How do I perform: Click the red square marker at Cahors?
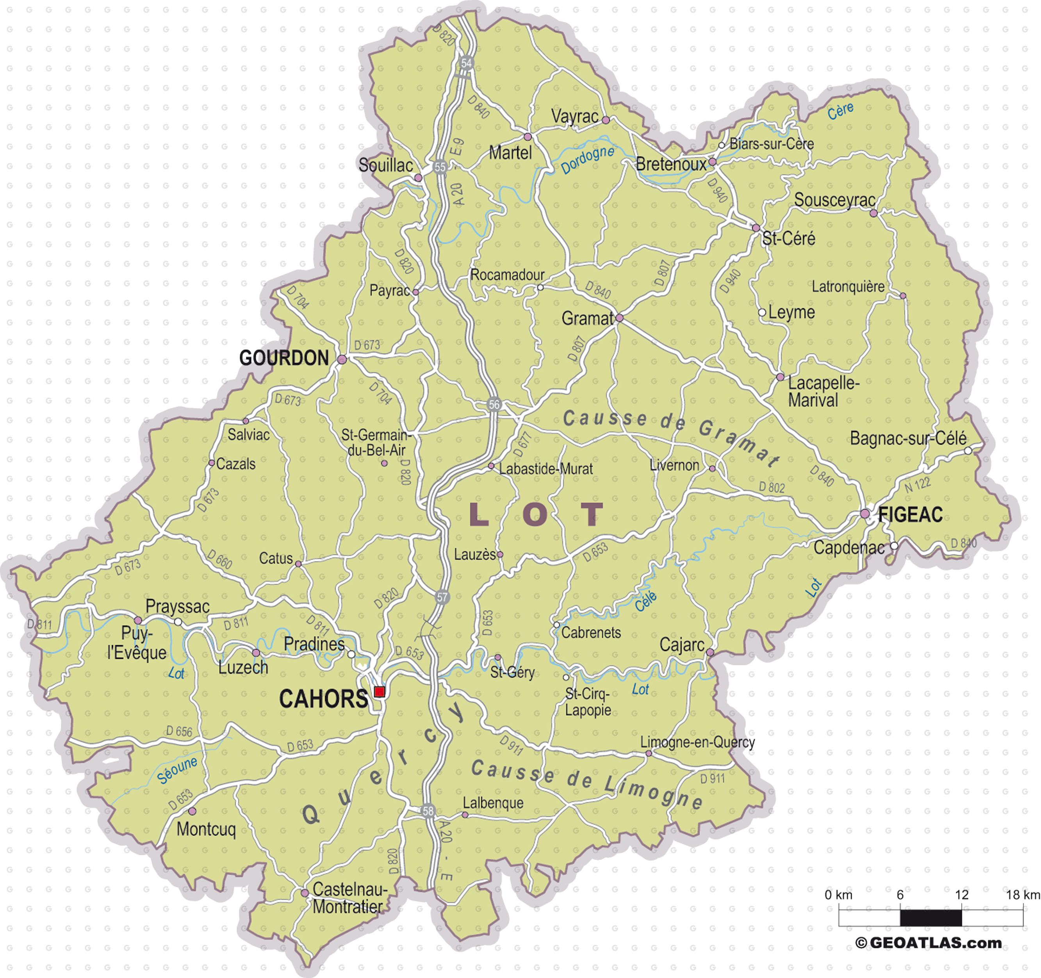pyautogui.click(x=380, y=691)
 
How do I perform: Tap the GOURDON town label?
pyautogui.click(x=284, y=358)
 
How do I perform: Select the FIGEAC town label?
pyautogui.click(x=910, y=515)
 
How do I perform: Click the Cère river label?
pyautogui.click(x=840, y=111)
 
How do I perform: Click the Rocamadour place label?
pyautogui.click(x=507, y=275)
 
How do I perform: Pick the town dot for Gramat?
pyautogui.click(x=619, y=318)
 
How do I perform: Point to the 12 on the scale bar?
pyautogui.click(x=961, y=895)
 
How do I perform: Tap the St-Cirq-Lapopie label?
pyautogui.click(x=588, y=703)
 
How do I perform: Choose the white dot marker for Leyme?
pyautogui.click(x=762, y=312)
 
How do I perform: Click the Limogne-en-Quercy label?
pyautogui.click(x=697, y=742)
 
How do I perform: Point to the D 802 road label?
pyautogui.click(x=772, y=487)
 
